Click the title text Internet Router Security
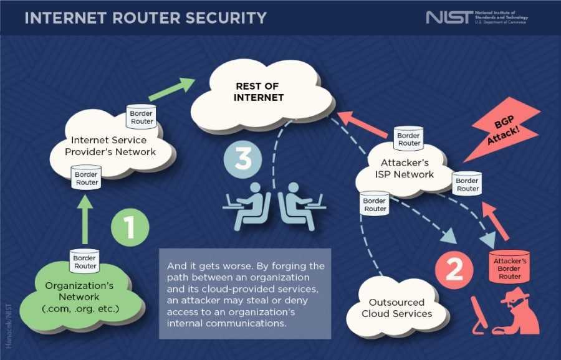145,17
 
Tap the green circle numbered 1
130,227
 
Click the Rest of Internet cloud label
259,92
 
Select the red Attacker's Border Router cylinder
509,267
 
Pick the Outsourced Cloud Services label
396,308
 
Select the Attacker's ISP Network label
405,169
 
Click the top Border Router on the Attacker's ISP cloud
409,138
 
